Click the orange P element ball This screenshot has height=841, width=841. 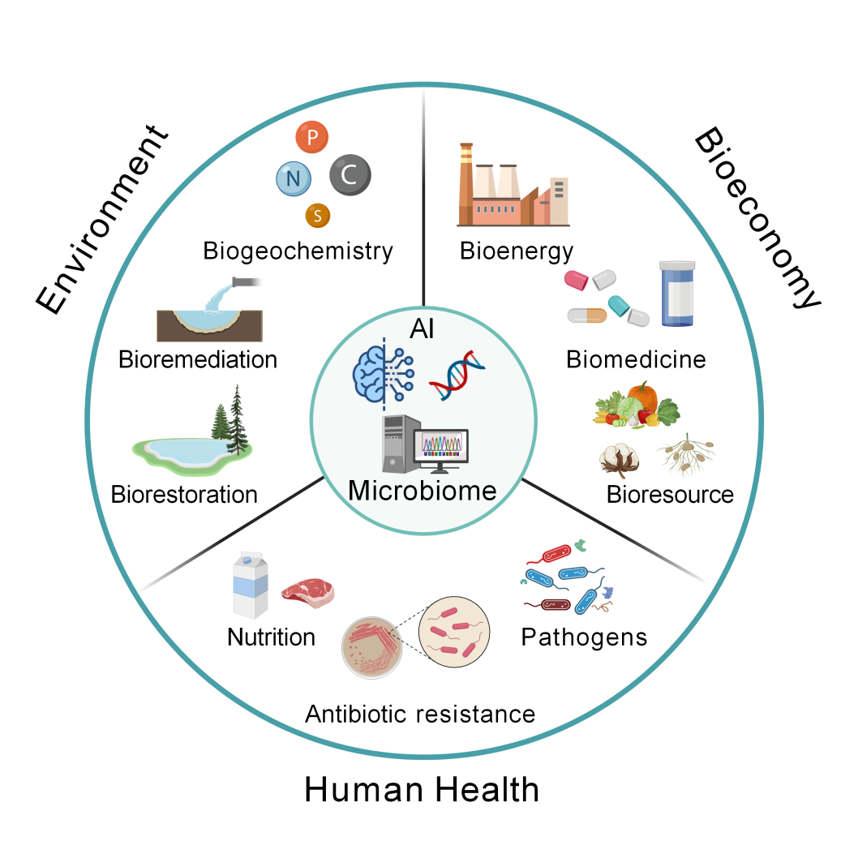[x=312, y=139]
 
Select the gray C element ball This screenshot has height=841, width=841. [x=350, y=174]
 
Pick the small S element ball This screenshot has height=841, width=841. [x=318, y=215]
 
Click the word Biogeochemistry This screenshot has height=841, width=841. [x=298, y=251]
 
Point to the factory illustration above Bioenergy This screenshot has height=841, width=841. [x=513, y=186]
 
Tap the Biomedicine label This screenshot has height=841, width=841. [x=636, y=358]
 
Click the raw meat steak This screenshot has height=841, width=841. [x=307, y=591]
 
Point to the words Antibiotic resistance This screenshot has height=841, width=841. [x=420, y=714]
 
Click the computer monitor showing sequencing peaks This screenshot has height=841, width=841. [x=440, y=448]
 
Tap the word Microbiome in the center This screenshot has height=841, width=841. [x=422, y=491]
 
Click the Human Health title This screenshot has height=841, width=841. [x=421, y=789]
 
